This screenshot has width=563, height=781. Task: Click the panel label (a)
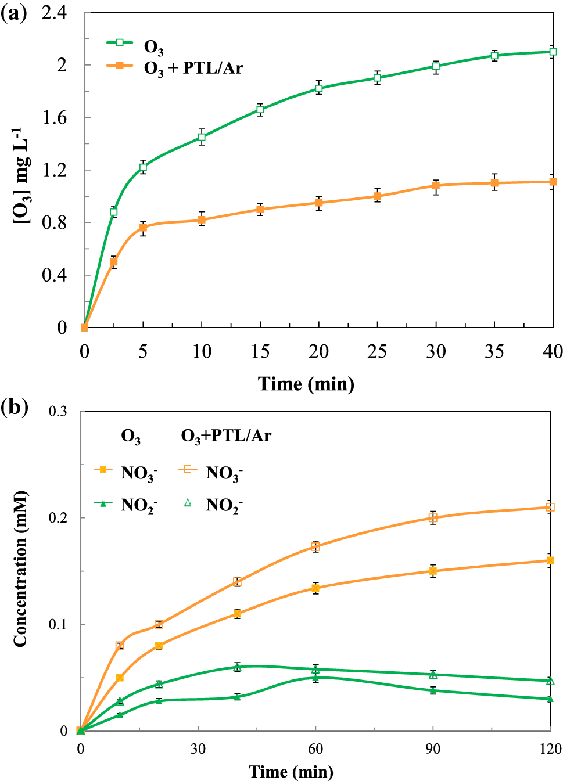(14, 13)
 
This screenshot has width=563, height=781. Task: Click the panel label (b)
(14, 406)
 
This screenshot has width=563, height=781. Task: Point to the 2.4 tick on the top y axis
(54, 13)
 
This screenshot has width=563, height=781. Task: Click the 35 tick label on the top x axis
(494, 351)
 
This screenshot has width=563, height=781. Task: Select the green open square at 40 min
(553, 52)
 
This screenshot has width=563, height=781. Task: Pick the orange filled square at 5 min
(143, 228)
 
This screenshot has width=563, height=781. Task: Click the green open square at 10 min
(202, 137)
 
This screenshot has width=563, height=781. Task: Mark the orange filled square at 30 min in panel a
(436, 186)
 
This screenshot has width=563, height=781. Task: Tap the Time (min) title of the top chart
(306, 384)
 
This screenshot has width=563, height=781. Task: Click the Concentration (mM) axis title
(20, 569)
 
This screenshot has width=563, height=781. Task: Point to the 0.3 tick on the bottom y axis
(58, 411)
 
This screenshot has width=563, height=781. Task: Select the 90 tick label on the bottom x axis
(433, 749)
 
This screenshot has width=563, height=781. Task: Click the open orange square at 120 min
(550, 507)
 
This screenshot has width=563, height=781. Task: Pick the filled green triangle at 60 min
(315, 677)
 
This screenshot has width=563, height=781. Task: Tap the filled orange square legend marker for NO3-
(103, 469)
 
